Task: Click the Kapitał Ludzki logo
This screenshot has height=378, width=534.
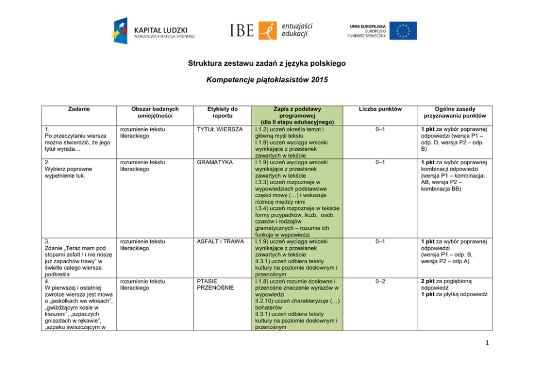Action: (x=153, y=31)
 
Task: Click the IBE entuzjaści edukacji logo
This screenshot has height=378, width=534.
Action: (x=271, y=30)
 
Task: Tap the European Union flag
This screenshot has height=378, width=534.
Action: (x=403, y=30)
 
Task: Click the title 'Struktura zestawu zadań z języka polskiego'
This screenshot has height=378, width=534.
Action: (x=266, y=64)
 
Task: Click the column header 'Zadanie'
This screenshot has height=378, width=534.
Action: (x=80, y=109)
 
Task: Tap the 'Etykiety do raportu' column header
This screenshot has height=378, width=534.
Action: (x=222, y=112)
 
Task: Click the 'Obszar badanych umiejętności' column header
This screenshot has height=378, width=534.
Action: (x=154, y=112)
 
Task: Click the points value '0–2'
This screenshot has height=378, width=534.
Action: (x=382, y=281)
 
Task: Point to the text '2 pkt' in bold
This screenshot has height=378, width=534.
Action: (x=430, y=281)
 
